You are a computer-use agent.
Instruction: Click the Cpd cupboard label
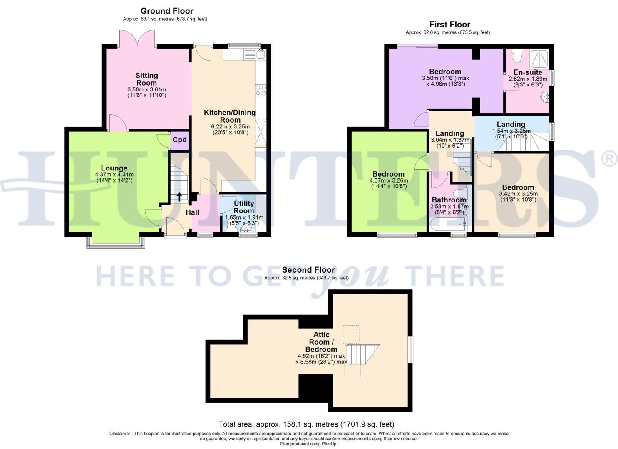click(180, 140)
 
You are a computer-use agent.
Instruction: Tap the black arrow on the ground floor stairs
click(179, 196)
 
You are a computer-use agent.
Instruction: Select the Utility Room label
click(243, 207)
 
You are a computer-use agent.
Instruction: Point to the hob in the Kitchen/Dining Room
click(261, 90)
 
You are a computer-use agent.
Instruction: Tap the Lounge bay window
click(116, 244)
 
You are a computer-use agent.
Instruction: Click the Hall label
click(192, 212)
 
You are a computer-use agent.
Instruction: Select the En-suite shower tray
click(539, 59)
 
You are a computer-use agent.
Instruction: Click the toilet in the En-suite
click(517, 54)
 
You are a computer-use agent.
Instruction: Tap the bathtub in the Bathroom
click(449, 224)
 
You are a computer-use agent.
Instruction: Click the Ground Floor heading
click(167, 11)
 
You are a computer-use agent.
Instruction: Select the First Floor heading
click(450, 24)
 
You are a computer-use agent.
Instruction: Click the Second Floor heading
click(308, 270)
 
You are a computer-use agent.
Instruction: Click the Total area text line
click(306, 424)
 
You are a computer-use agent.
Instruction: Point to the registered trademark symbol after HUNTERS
click(609, 159)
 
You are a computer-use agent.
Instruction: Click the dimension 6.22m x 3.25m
click(230, 127)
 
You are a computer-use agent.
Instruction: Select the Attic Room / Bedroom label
click(321, 342)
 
